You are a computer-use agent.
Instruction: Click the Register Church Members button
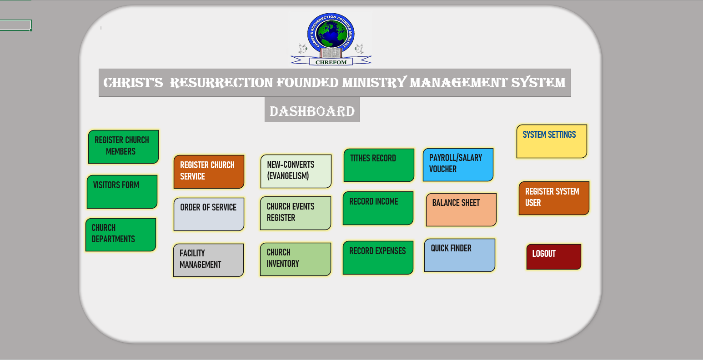click(x=123, y=147)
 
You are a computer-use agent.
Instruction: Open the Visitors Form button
click(x=122, y=192)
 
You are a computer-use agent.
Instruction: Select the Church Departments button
click(x=121, y=235)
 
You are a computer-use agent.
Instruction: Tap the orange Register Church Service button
click(x=209, y=172)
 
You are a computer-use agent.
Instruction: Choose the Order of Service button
click(x=209, y=214)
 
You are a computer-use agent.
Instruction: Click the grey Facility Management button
click(x=208, y=260)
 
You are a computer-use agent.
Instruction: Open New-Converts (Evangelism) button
click(x=296, y=171)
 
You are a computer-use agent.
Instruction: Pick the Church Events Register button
click(x=296, y=213)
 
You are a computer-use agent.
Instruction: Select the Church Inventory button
click(x=296, y=260)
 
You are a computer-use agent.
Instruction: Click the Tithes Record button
click(x=379, y=165)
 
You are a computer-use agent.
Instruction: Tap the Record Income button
click(x=378, y=208)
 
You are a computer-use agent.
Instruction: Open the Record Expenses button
click(x=378, y=258)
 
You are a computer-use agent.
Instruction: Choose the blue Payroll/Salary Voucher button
click(x=458, y=165)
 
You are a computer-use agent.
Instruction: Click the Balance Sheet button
click(x=462, y=210)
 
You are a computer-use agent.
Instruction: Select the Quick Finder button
click(x=460, y=255)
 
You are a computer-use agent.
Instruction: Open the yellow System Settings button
click(x=552, y=141)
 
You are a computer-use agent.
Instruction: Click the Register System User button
click(x=554, y=198)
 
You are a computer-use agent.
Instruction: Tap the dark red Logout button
click(x=554, y=257)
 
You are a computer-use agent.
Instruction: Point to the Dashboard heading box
click(x=312, y=110)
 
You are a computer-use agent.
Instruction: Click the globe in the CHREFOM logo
click(x=331, y=34)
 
